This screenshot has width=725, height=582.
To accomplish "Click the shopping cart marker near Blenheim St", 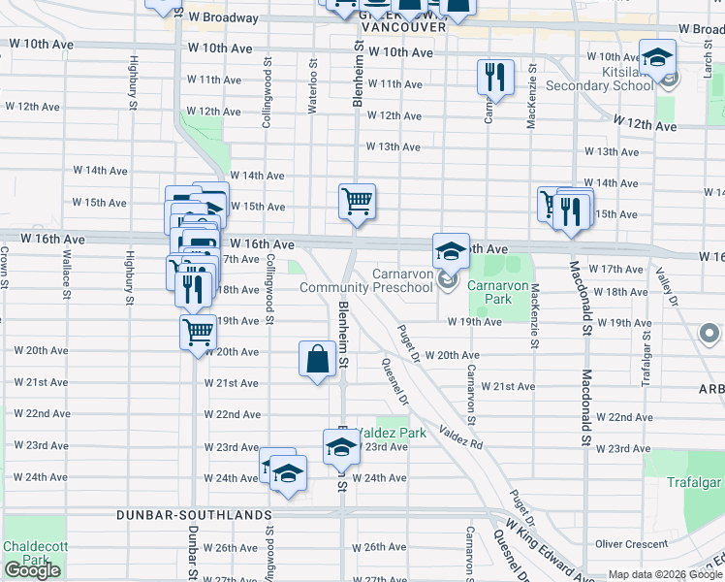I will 357,202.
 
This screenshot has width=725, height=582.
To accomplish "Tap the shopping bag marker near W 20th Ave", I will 318,360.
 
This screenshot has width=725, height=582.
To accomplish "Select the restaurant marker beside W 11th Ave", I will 495,77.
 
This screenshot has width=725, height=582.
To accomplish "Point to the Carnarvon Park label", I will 489,293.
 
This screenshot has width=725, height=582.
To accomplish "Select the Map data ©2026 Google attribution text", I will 665,574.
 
